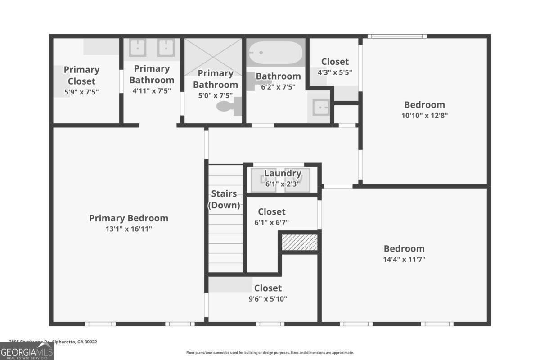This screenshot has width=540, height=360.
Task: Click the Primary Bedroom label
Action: point(129,218)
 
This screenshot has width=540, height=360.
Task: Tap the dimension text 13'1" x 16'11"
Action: point(129,229)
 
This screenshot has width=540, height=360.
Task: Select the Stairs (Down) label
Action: point(224,199)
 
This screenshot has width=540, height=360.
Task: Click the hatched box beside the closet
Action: point(300,243)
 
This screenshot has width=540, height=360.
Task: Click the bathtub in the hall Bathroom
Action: point(276,54)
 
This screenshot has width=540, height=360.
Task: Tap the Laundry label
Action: point(283,173)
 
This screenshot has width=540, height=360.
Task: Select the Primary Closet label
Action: point(81,75)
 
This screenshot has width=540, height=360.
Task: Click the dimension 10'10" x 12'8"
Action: point(424,115)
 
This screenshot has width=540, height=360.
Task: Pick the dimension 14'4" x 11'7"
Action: point(404,259)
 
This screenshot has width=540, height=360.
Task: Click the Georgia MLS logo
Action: point(27,351)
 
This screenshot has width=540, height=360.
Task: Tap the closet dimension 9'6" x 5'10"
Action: point(268,299)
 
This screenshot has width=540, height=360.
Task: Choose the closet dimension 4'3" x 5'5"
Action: point(335,72)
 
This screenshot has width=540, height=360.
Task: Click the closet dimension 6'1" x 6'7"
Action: point(272,222)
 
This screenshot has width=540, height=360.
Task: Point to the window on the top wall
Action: point(396,36)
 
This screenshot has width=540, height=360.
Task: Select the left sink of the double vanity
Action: point(137,48)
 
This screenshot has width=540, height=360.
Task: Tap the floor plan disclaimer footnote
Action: point(270,353)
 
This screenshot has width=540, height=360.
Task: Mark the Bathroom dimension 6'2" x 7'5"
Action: point(278,87)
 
